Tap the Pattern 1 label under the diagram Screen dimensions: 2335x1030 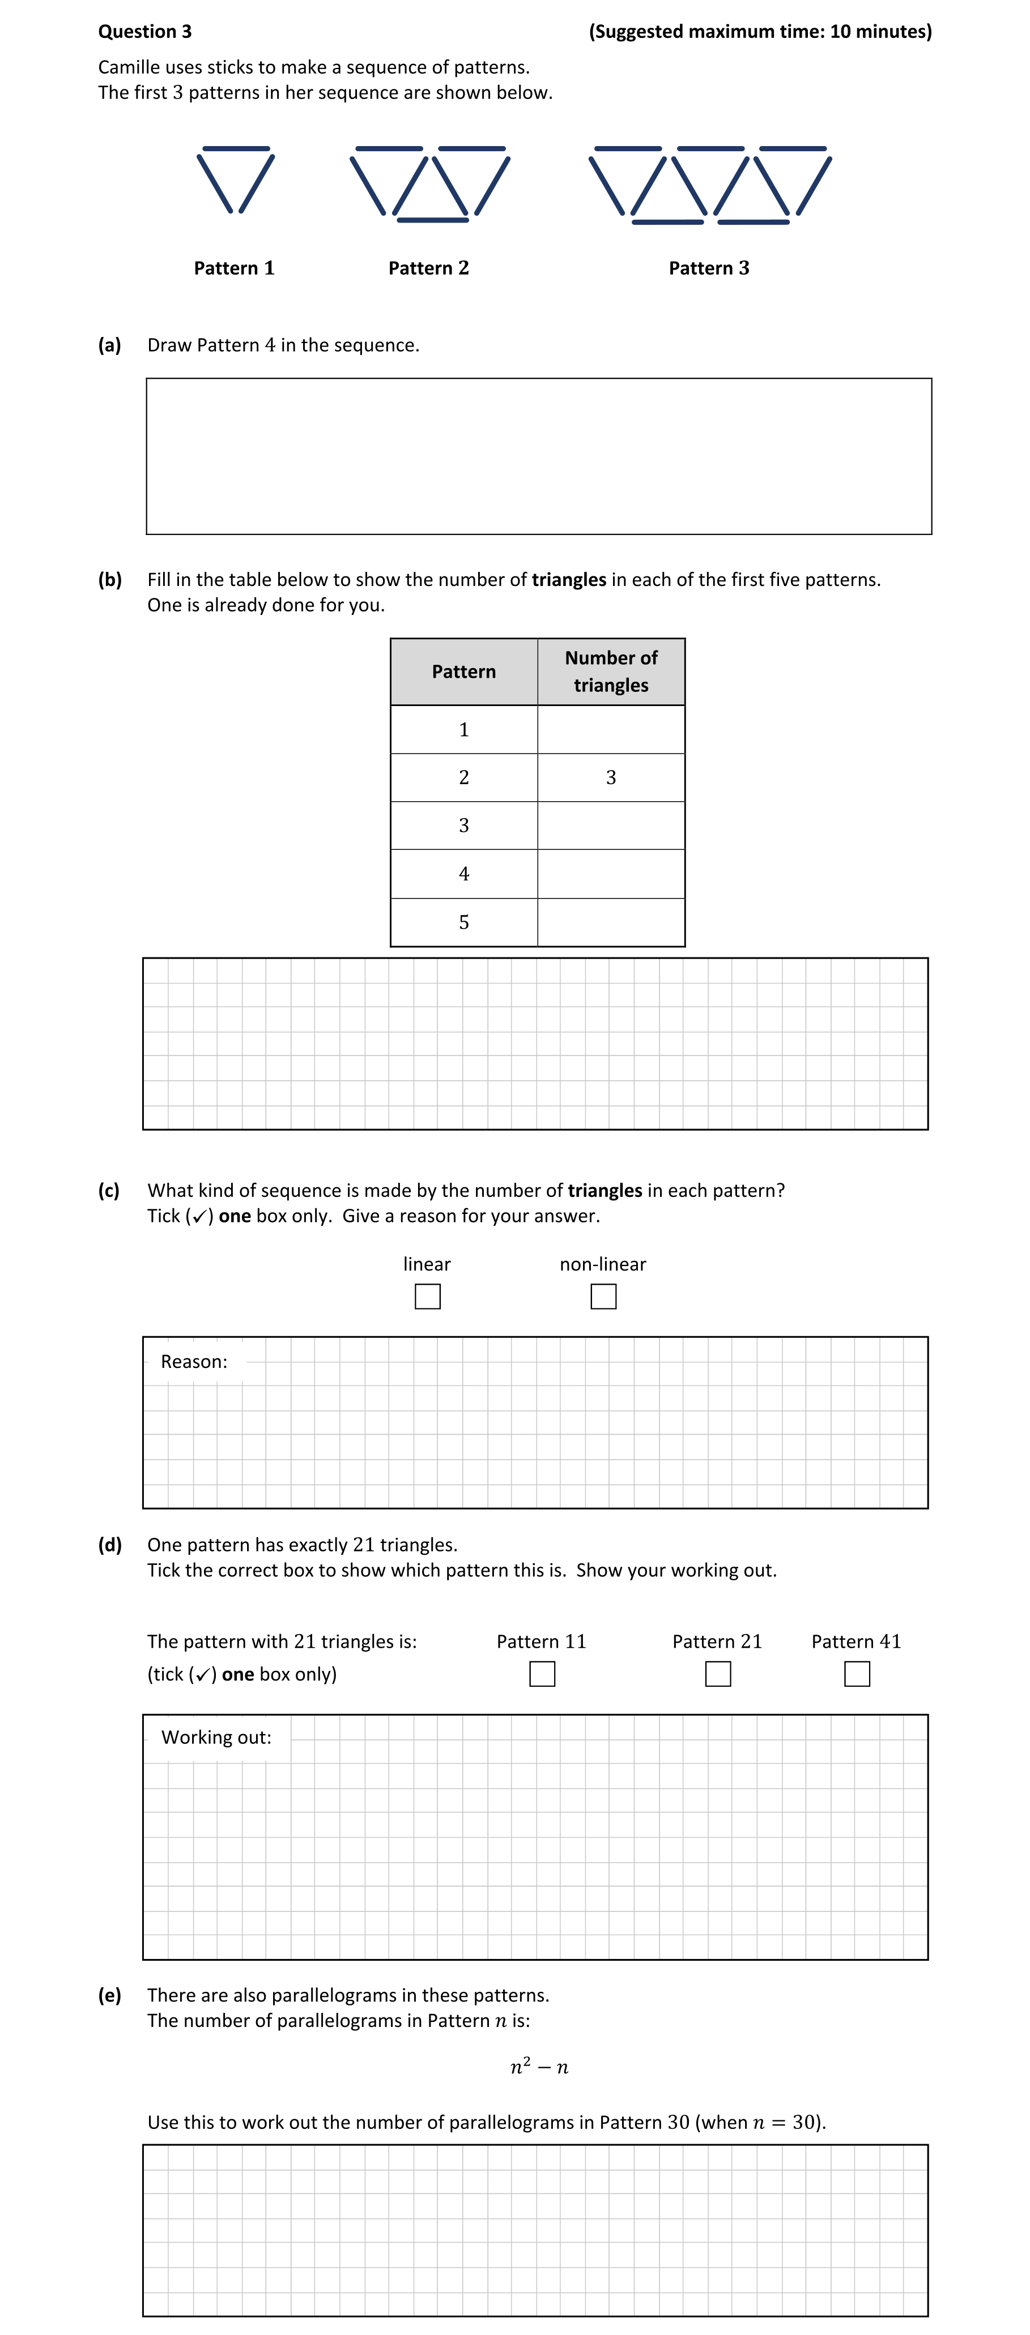pos(234,268)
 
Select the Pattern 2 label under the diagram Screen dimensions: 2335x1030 pos(428,268)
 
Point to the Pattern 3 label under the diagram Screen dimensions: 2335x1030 pos(708,268)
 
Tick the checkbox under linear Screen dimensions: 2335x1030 pos(427,1296)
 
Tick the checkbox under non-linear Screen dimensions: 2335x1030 pos(603,1296)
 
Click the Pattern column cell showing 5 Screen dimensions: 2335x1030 pos(463,923)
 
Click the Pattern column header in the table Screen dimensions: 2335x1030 pos(463,672)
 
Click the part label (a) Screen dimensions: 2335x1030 pos(110,345)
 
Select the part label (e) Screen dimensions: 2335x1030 pos(110,1995)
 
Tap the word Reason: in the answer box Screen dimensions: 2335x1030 pos(194,1362)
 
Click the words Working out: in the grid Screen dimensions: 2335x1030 pos(216,1738)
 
